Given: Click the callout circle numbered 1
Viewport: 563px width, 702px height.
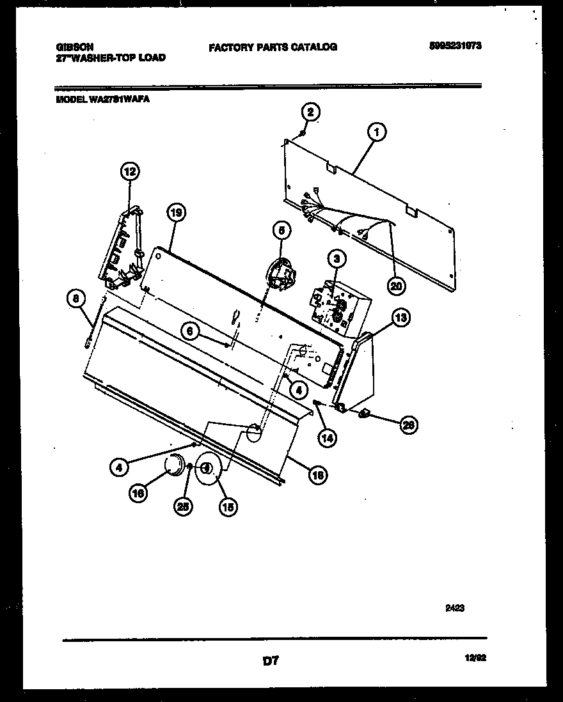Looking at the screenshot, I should point(377,132).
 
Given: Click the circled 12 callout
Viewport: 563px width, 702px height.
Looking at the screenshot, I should point(130,171).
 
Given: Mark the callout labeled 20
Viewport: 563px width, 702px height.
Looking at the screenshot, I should point(397,286).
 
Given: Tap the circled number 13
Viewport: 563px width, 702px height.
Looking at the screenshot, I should point(401,318).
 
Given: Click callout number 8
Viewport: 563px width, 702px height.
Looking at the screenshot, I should point(75,297).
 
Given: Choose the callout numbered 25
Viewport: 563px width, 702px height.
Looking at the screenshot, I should point(183,506).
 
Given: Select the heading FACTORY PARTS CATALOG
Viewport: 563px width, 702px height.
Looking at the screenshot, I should point(273,47).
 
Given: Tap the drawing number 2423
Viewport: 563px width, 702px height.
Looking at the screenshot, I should point(454,609).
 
